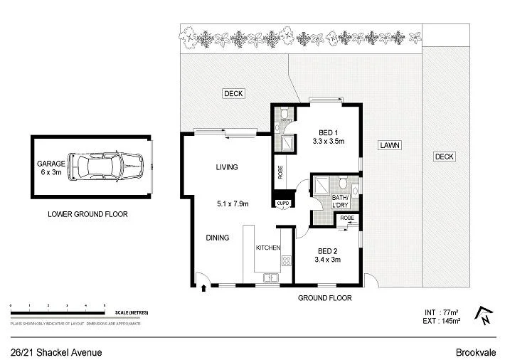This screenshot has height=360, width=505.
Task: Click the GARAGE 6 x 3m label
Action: point(51,168)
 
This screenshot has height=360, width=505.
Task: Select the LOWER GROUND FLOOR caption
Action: point(87,214)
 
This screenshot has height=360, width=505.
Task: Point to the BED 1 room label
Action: point(328,136)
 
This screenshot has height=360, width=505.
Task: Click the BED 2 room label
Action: point(328,255)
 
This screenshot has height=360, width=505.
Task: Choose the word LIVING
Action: point(227,167)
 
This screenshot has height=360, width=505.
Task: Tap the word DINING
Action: point(218,238)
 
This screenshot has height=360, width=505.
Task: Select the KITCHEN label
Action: point(268,248)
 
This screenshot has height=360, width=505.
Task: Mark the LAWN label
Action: point(389,145)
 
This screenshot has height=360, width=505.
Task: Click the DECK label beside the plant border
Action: point(233,93)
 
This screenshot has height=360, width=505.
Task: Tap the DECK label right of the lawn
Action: point(445,157)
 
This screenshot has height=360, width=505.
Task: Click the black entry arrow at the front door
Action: point(205,288)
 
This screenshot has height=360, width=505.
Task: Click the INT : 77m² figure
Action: point(441,312)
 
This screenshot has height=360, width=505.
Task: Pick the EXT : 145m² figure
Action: point(441,322)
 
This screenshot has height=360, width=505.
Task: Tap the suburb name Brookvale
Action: point(475,352)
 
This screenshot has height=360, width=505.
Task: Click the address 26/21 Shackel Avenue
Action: point(56,352)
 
